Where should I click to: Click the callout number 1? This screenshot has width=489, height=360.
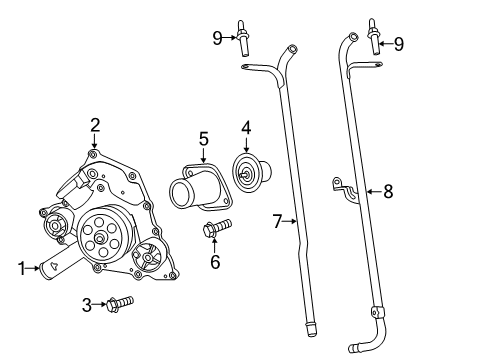click(x=20, y=267)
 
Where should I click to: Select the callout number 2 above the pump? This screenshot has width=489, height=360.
click(x=95, y=125)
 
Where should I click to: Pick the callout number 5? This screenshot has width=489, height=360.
click(x=202, y=138)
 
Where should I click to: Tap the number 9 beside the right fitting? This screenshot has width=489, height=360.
click(x=400, y=43)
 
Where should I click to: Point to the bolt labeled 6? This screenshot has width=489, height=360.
click(x=216, y=228)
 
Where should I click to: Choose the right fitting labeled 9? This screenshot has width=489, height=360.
click(x=375, y=36)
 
